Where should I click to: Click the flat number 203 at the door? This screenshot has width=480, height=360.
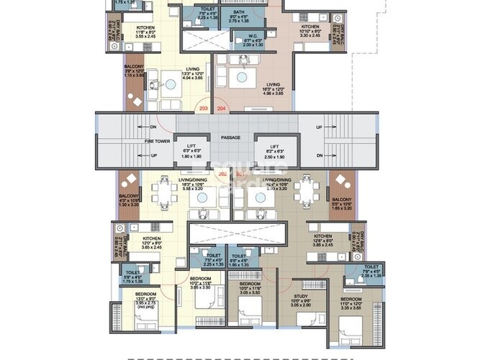(x=204, y=109)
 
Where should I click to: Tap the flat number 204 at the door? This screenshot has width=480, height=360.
(x=222, y=109)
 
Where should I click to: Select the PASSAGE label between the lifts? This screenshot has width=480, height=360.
(x=230, y=138)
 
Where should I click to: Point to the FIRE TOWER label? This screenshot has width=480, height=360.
(x=157, y=141)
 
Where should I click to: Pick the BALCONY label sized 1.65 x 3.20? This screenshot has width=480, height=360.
(x=341, y=199)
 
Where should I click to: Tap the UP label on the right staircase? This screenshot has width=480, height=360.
(x=319, y=127)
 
